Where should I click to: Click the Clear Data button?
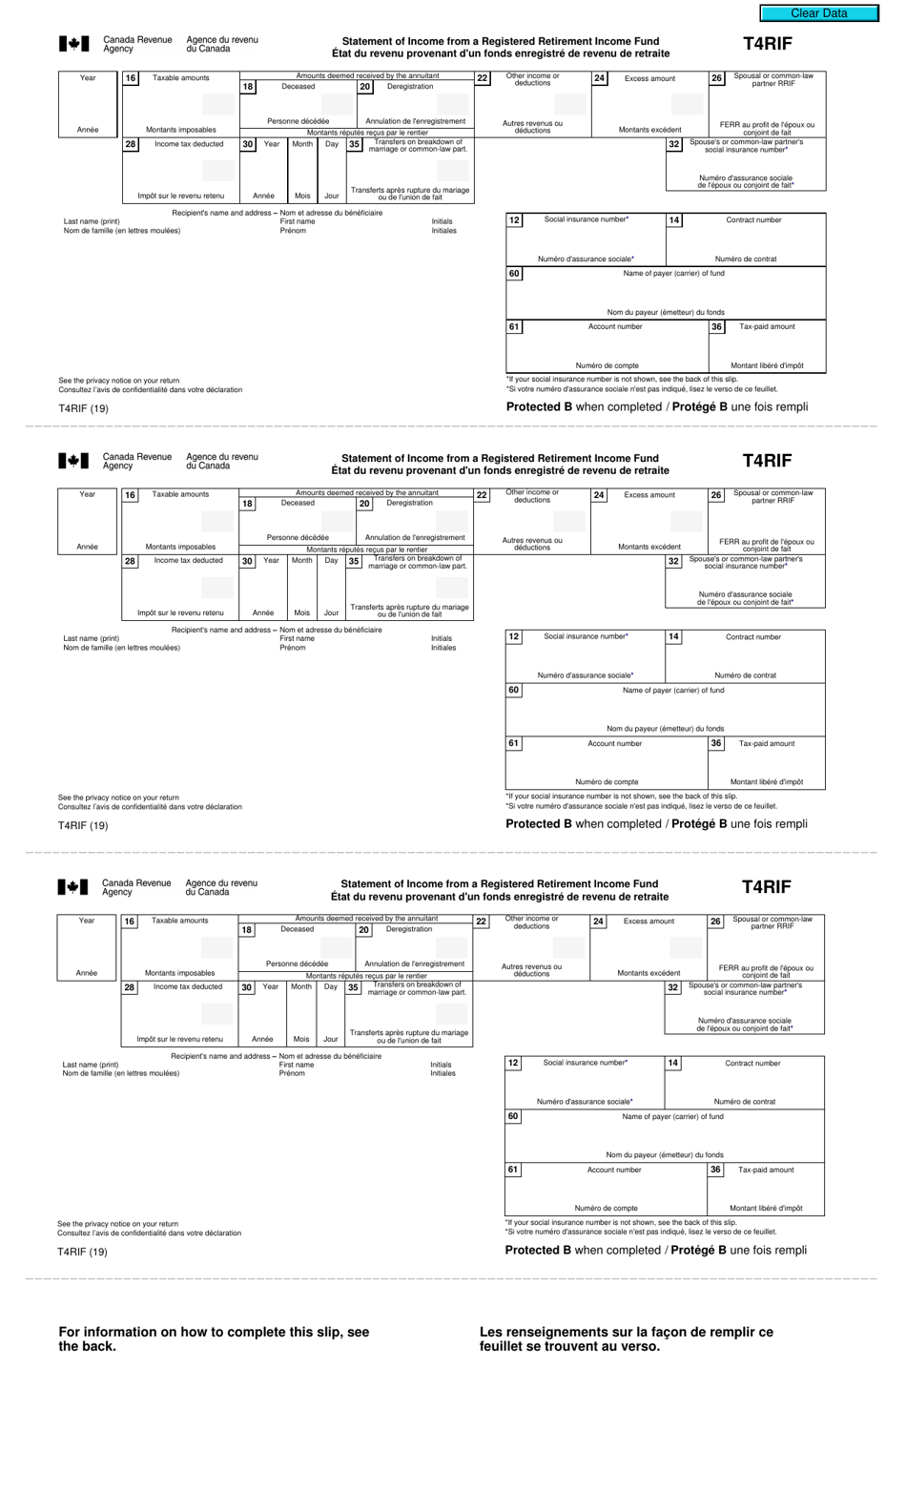[x=818, y=13]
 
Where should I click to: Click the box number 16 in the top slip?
[x=131, y=78]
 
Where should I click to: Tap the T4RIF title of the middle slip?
[x=767, y=461]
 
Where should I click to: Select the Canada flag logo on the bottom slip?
[x=72, y=887]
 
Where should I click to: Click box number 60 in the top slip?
[x=514, y=274]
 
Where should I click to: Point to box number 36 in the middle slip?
[x=716, y=743]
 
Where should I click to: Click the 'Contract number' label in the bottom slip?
[x=752, y=1063]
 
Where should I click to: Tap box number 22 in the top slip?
[x=483, y=78]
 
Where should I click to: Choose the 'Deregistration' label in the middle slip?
[x=409, y=503]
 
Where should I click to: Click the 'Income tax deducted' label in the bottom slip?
[x=188, y=986]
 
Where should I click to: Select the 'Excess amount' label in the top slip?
[x=649, y=78]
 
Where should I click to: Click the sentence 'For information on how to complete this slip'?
[x=214, y=1338]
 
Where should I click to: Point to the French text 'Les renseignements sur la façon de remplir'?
[x=627, y=1338]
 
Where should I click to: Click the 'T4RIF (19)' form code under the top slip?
[x=84, y=408]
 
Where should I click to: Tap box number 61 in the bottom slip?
[x=513, y=1170]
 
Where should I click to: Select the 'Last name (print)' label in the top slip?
[x=92, y=221]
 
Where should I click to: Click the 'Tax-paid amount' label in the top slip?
[x=767, y=326]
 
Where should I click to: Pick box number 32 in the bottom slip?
[x=673, y=987]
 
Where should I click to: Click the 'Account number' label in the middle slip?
[x=615, y=743]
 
